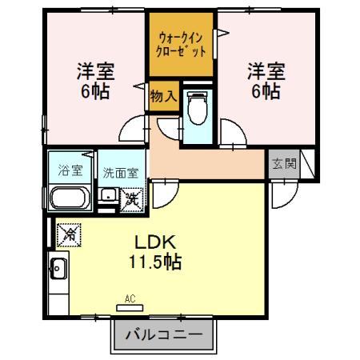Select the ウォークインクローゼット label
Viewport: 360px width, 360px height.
[182, 45]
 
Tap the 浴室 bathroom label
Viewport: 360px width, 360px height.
[70, 170]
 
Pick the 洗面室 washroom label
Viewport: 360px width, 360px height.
[121, 172]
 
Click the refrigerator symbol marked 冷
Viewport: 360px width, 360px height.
[70, 234]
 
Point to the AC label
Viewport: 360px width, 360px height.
[130, 299]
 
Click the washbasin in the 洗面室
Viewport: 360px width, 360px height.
[106, 194]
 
